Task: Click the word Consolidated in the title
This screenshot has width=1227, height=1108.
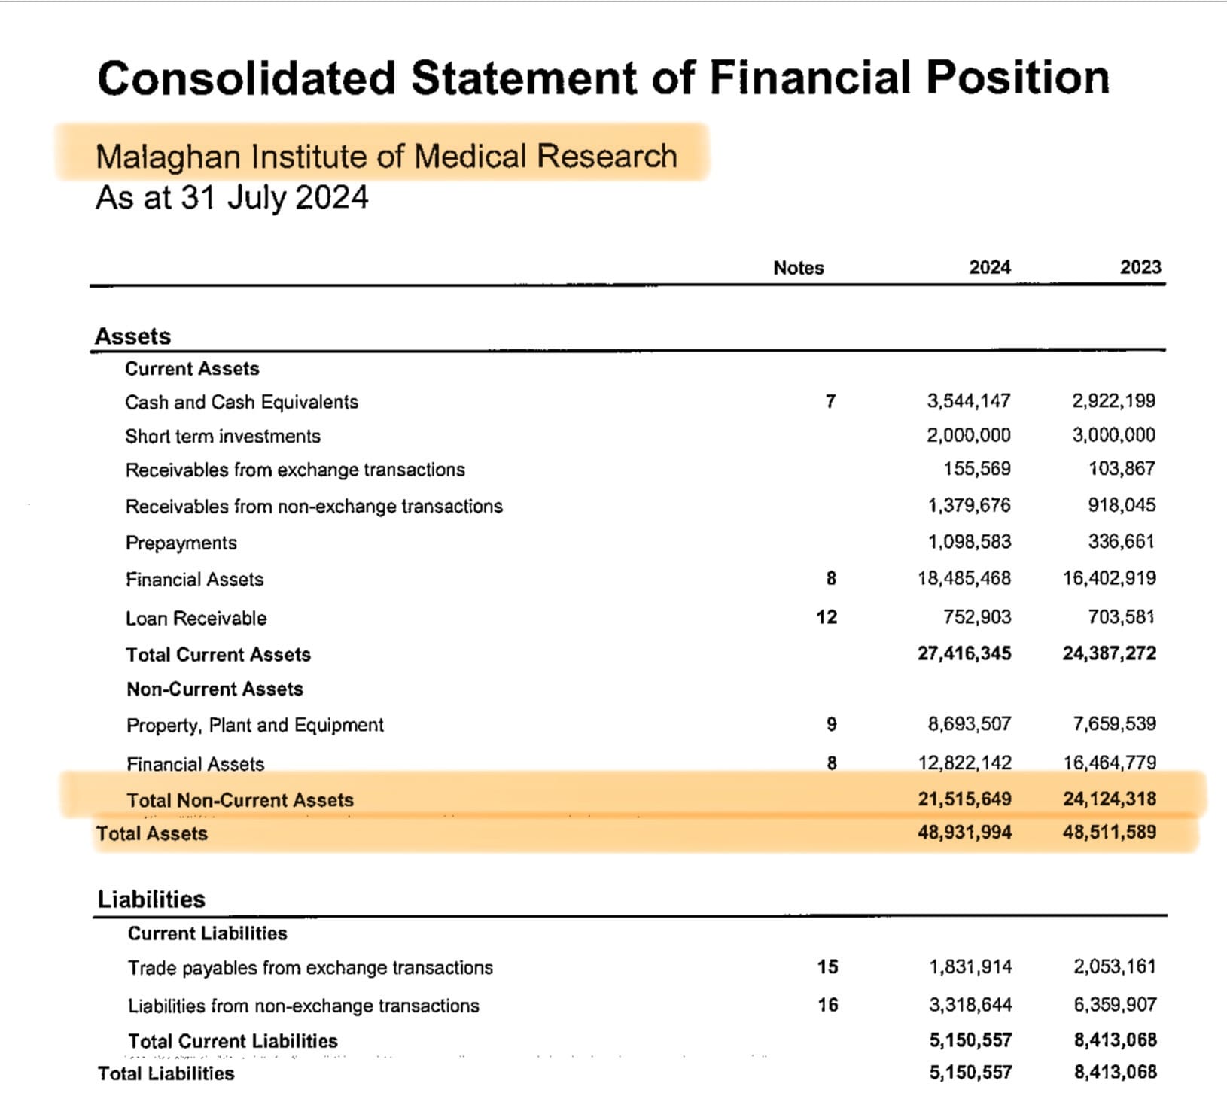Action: pyautogui.click(x=246, y=78)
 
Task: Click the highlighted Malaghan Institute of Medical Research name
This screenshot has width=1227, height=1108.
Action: pyautogui.click(x=386, y=156)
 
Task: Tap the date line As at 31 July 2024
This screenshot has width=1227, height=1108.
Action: pyautogui.click(x=232, y=198)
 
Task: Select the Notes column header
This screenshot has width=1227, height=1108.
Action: pyautogui.click(x=798, y=268)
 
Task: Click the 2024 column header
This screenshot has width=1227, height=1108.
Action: pyautogui.click(x=989, y=267)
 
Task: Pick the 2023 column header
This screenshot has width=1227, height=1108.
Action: pyautogui.click(x=1140, y=267)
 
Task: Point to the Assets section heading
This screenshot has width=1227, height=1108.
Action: pyautogui.click(x=133, y=336)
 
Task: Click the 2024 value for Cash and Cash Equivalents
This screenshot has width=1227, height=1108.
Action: pyautogui.click(x=968, y=400)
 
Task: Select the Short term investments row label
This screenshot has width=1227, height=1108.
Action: pyautogui.click(x=223, y=436)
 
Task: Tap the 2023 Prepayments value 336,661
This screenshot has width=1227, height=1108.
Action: pyautogui.click(x=1121, y=541)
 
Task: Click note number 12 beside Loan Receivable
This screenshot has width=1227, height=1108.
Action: pyautogui.click(x=827, y=617)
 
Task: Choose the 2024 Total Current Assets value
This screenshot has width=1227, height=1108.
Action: pyautogui.click(x=964, y=653)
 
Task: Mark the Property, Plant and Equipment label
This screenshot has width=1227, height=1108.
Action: pyautogui.click(x=255, y=725)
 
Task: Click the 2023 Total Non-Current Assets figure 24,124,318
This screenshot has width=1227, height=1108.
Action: pyautogui.click(x=1109, y=799)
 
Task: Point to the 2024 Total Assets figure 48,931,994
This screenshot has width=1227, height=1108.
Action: pyautogui.click(x=964, y=833)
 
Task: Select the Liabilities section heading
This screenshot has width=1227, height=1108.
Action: pyautogui.click(x=151, y=899)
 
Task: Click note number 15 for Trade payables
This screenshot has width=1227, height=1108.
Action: pyautogui.click(x=827, y=966)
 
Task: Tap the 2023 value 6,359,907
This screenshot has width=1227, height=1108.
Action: pyautogui.click(x=1115, y=1004)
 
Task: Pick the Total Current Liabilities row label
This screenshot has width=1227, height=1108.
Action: pyautogui.click(x=233, y=1041)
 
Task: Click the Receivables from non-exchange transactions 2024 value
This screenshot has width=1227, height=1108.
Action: pyautogui.click(x=969, y=505)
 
